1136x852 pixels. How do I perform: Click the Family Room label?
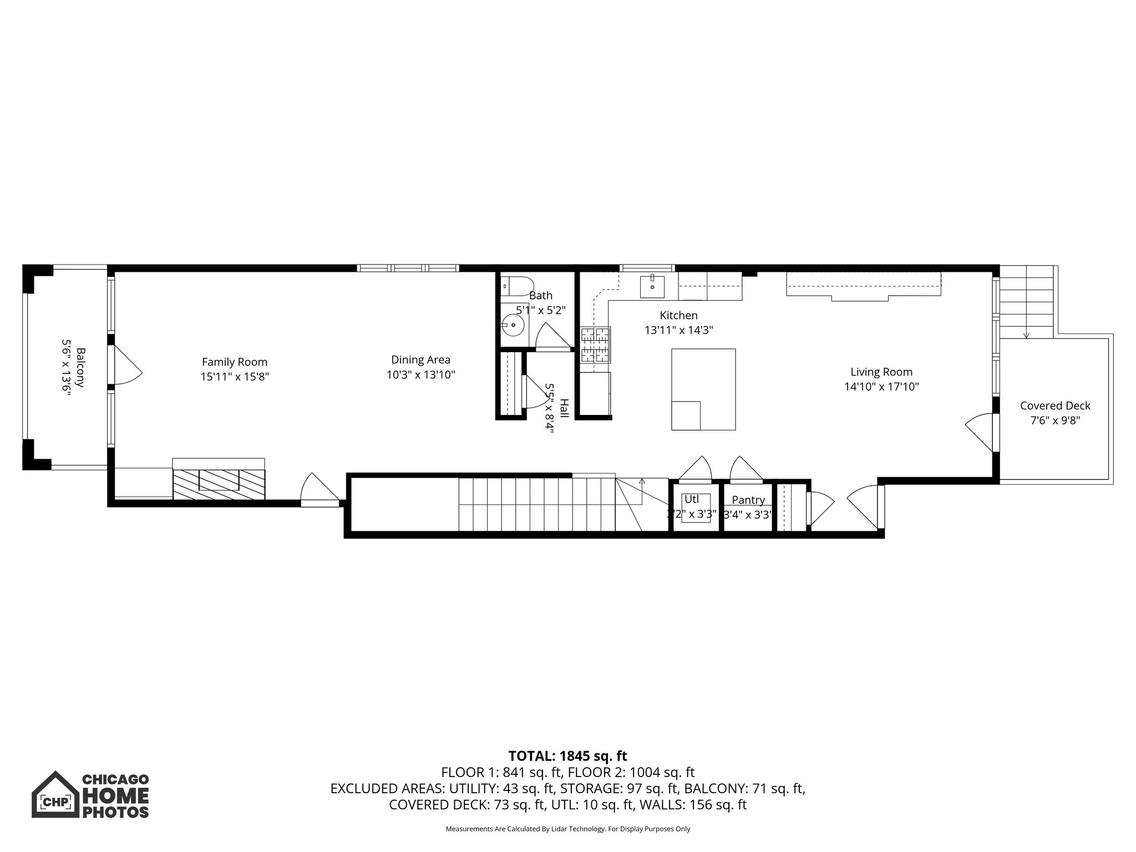coord(234,362)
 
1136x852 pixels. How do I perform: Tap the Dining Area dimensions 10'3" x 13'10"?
coord(420,375)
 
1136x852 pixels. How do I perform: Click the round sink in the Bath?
coord(513,325)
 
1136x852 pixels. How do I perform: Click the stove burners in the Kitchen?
coord(595,344)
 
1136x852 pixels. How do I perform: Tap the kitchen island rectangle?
coord(703,389)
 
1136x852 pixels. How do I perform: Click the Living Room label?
coord(881,372)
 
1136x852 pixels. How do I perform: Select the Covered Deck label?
coord(1055,406)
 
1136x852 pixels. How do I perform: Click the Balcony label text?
coord(80,367)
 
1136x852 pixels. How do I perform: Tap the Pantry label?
coord(748,500)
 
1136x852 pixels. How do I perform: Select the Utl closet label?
coord(691,499)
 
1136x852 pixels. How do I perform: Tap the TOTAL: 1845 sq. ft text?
coord(567,756)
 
